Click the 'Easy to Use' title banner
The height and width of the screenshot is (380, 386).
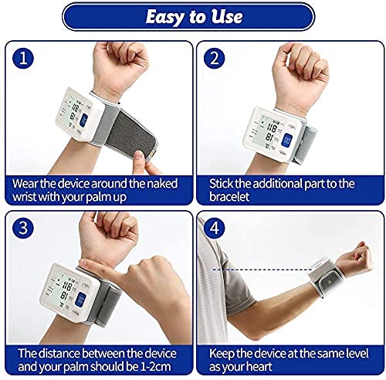[192, 16]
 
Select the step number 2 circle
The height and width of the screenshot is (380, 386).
[214, 58]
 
